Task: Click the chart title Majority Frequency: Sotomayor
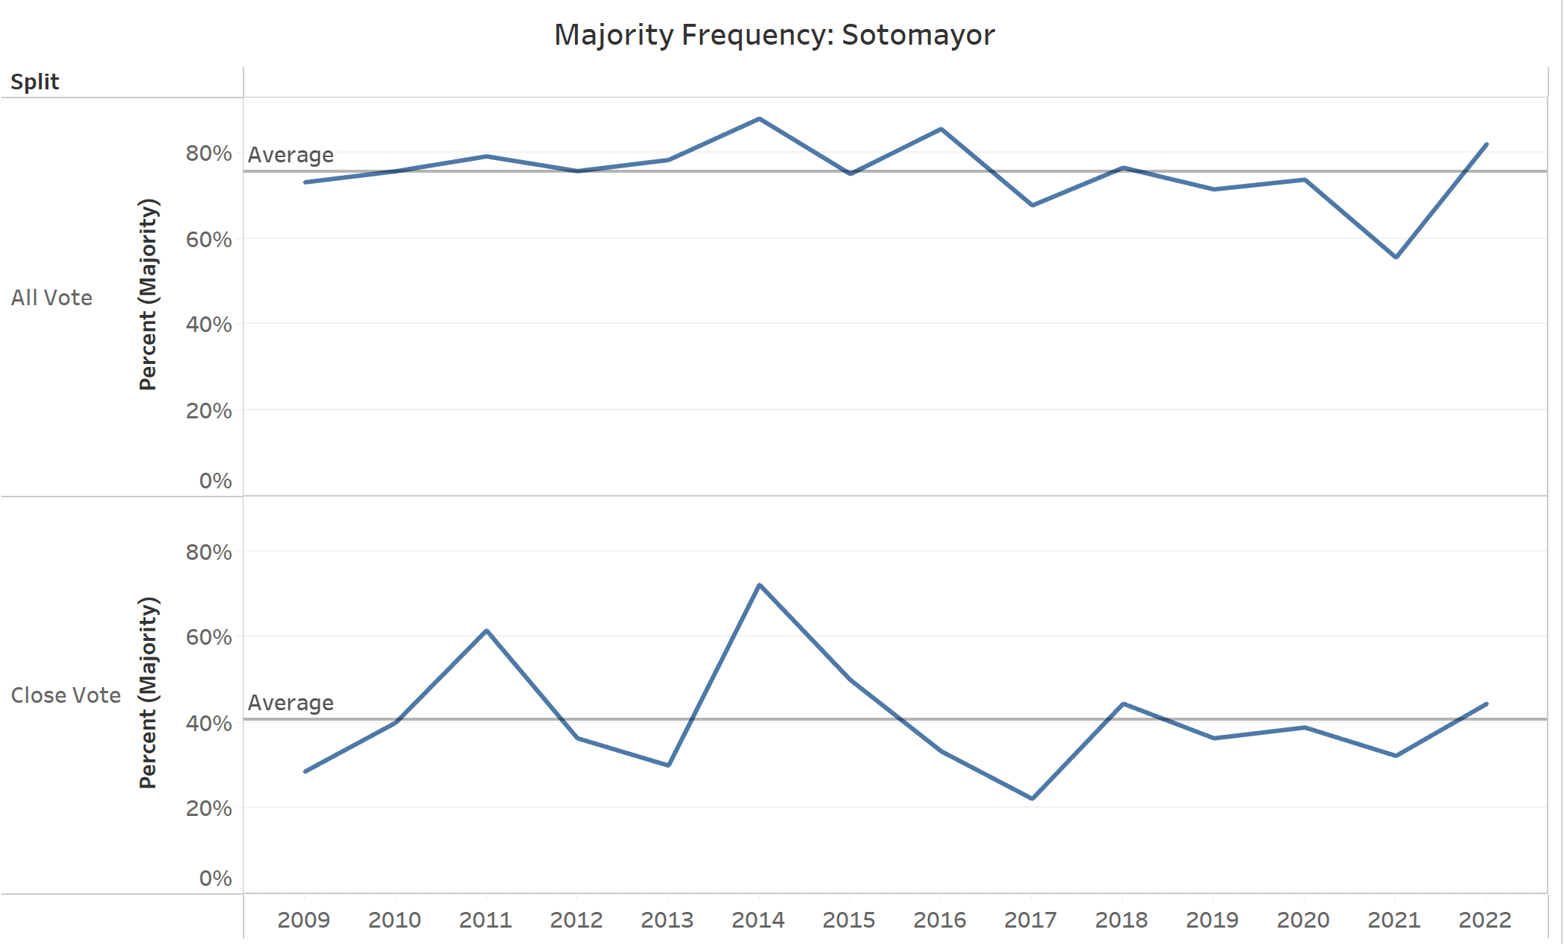coord(774,35)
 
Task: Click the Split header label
coord(34,82)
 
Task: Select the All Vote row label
coord(51,298)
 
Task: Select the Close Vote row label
coord(66,695)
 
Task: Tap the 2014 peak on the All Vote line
coord(759,119)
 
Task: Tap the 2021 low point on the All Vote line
coord(1396,257)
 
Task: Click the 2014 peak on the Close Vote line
coord(759,585)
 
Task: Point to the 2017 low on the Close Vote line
coord(1032,798)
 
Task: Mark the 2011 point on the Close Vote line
coord(486,631)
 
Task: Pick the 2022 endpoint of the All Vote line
coord(1487,144)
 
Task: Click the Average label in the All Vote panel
coord(290,155)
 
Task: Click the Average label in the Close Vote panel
coord(290,703)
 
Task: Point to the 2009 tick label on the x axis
coord(304,920)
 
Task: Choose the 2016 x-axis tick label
coord(940,920)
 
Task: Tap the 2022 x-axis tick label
coord(1485,920)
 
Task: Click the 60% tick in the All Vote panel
coord(209,240)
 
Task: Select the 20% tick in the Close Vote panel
coord(209,809)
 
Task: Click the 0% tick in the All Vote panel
coord(215,481)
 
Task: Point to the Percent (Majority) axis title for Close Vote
coord(149,692)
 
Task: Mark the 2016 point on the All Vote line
coord(941,130)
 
